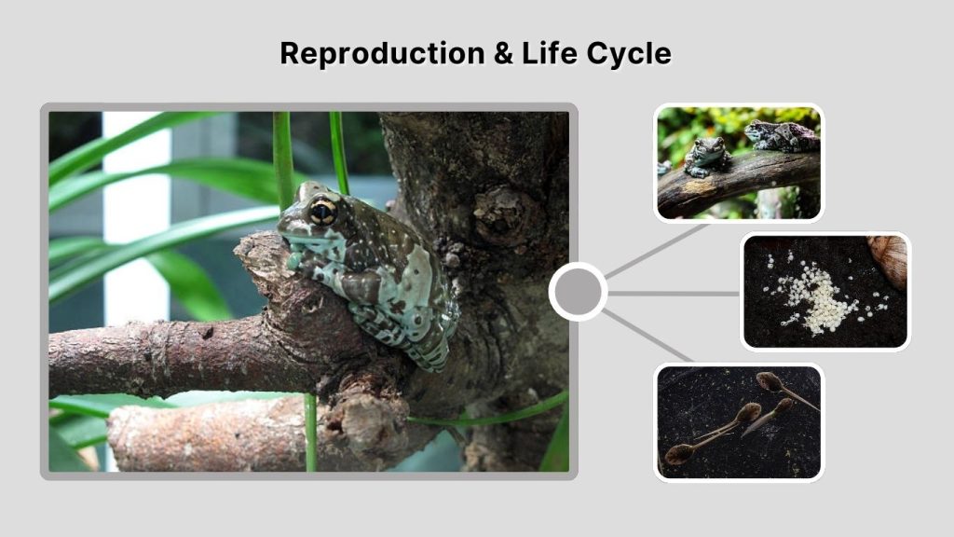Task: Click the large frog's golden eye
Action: point(322,213)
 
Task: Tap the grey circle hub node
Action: point(578,292)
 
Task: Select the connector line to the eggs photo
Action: point(674,293)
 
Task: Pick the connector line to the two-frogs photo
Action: point(657,250)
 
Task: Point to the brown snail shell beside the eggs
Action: point(890,259)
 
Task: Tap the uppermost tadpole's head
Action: point(768,380)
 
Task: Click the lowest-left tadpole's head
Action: point(679,453)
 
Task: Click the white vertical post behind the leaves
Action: point(136,233)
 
